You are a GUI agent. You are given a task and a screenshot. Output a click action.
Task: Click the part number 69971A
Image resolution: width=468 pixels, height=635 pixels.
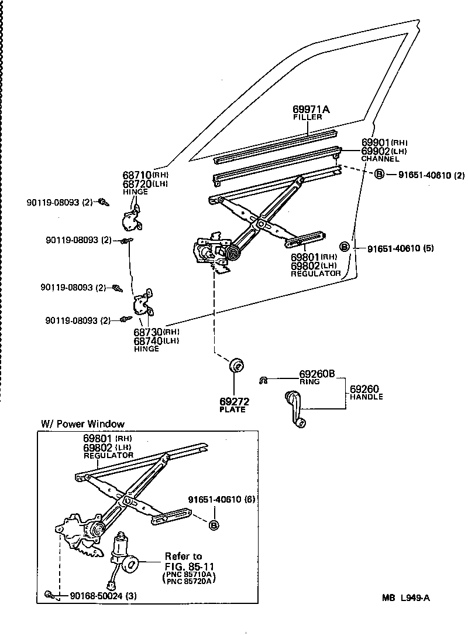pos(311,110)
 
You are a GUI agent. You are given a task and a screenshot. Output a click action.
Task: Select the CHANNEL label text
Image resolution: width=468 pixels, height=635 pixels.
pos(380,159)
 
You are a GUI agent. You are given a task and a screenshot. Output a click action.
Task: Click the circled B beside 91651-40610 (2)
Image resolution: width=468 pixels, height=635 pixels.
pos(379,175)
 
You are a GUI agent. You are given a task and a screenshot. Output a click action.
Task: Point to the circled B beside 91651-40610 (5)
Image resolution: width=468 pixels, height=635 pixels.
pos(345,247)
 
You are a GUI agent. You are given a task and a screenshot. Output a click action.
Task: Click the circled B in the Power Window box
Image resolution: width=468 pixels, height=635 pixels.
pos(214,525)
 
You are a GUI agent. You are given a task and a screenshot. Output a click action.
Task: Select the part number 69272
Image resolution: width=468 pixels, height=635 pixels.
pos(234,401)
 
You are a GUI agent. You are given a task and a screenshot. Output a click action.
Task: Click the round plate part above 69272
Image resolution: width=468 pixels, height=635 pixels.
pos(236,366)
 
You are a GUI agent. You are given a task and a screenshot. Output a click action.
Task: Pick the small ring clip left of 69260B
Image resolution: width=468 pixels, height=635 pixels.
pos(264,380)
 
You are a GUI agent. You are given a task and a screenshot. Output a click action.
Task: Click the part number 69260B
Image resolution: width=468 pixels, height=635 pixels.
pos(316,374)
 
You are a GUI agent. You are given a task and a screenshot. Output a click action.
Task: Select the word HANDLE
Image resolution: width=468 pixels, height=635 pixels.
pos(366,397)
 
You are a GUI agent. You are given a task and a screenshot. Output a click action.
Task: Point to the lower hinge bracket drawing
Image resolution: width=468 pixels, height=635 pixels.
pos(142,304)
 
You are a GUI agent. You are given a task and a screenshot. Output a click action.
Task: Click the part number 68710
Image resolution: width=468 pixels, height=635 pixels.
pos(137,175)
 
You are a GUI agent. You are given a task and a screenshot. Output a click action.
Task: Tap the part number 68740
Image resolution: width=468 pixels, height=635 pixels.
pos(148,341)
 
